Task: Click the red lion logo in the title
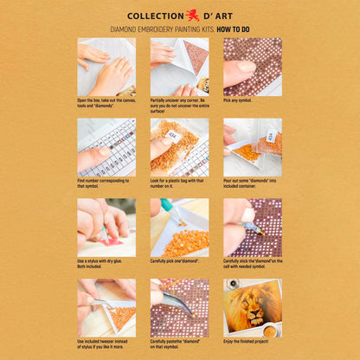click(191, 15)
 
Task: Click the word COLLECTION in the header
click(155, 16)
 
